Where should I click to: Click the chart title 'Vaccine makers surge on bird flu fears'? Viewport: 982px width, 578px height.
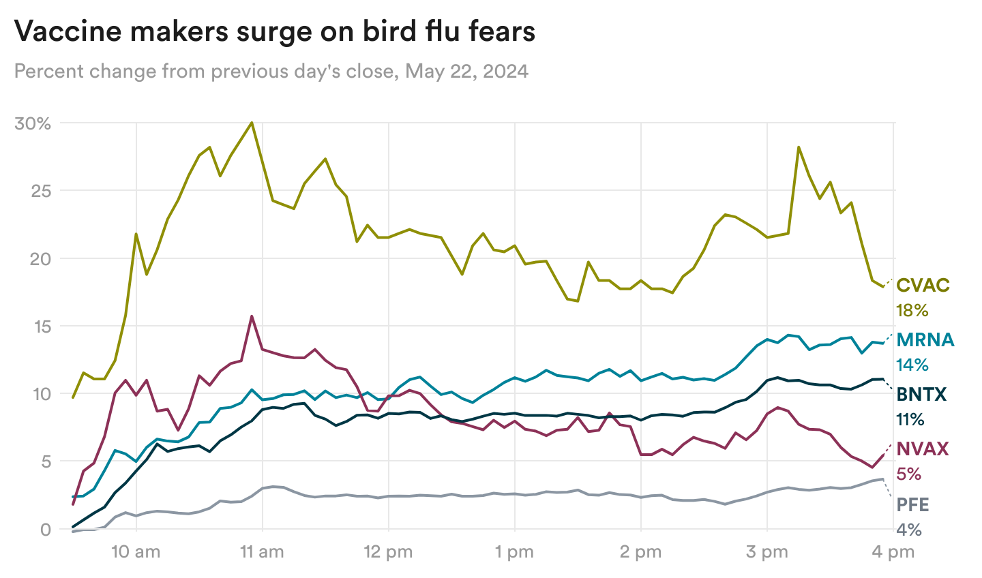click(274, 31)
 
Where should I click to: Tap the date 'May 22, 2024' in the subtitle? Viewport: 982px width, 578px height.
click(467, 71)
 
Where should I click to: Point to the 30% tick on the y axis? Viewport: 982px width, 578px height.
click(33, 123)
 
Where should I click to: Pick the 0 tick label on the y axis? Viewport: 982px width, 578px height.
click(46, 530)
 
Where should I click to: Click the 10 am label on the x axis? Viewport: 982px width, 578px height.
click(136, 552)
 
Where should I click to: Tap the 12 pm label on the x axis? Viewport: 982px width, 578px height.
click(388, 552)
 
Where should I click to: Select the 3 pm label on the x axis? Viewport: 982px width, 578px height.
click(767, 552)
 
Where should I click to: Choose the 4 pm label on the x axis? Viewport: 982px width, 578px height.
click(893, 552)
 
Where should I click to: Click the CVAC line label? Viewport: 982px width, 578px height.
click(923, 285)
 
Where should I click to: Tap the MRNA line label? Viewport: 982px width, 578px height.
click(925, 339)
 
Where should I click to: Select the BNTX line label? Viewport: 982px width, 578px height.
click(921, 394)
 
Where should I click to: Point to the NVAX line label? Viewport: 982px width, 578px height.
click(923, 448)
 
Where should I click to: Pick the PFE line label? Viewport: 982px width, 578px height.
click(912, 504)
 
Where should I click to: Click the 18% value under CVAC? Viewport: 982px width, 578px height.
click(912, 311)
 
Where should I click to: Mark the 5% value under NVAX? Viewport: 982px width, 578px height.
click(909, 474)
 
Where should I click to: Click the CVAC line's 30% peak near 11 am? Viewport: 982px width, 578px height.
click(252, 123)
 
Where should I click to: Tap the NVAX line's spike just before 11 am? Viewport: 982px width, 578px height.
click(252, 316)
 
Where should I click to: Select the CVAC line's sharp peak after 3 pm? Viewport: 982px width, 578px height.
click(799, 147)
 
